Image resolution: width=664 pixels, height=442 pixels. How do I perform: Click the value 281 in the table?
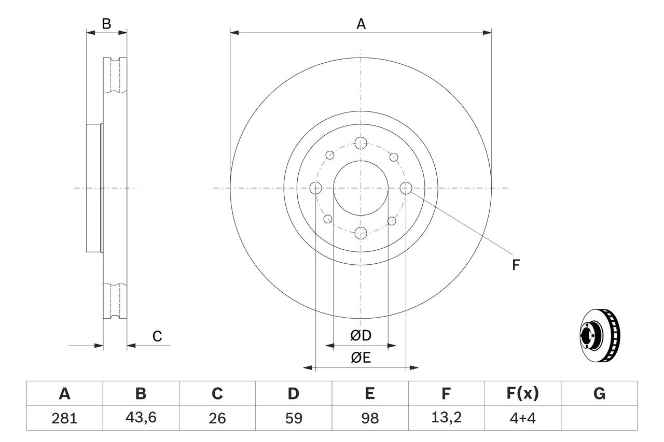pos(64,418)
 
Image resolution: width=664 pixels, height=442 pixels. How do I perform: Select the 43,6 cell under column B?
pos(141,418)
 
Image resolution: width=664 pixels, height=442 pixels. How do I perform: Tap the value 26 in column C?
pos(217,418)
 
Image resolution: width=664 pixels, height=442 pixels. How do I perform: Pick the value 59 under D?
pos(293,418)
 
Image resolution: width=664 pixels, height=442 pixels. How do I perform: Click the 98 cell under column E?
pos(369,418)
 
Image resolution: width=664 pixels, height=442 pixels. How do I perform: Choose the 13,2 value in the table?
pos(446,418)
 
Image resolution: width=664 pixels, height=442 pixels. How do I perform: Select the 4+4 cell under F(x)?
pos(522,418)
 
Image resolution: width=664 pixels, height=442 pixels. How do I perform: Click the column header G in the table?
pos(599,394)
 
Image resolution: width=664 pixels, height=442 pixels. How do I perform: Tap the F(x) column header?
pos(522,394)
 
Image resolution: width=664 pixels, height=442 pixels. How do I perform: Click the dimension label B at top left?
pos(106,23)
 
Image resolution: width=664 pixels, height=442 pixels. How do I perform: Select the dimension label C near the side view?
pos(157,336)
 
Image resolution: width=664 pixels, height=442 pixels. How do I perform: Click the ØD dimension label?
pos(361,336)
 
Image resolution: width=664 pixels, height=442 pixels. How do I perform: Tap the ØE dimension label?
pos(361,358)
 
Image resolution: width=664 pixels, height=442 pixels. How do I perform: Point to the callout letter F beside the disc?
pos(516,265)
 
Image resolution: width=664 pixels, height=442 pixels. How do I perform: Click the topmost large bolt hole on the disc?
pos(361,142)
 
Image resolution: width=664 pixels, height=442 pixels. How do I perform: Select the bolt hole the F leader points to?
pos(406,188)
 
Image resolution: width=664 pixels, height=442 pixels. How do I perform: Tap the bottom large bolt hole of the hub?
pos(361,233)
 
